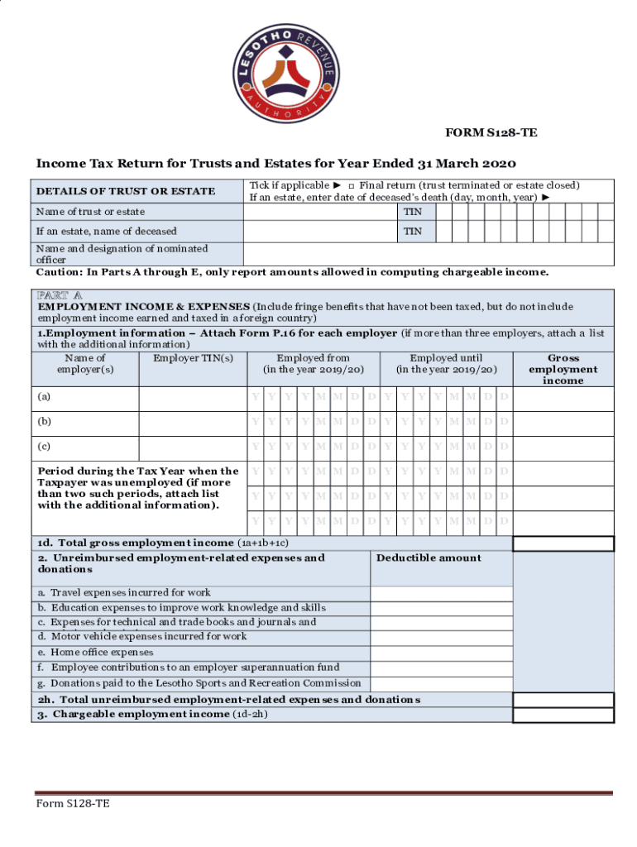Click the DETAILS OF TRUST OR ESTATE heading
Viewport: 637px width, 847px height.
click(126, 191)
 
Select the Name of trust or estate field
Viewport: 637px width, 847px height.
click(319, 212)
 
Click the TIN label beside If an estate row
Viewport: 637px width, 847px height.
click(412, 232)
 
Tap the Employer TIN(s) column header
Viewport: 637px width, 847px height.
click(193, 358)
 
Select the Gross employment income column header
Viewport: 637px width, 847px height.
click(563, 369)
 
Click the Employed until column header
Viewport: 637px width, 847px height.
click(446, 364)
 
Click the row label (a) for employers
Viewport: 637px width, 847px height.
click(45, 397)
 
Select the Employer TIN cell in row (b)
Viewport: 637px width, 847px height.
click(193, 423)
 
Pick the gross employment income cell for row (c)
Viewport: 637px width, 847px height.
click(563, 447)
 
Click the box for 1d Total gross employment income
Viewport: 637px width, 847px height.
click(563, 543)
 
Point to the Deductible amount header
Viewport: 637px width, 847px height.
click(429, 557)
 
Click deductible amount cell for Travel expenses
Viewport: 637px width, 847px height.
click(441, 593)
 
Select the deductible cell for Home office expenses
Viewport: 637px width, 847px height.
click(441, 653)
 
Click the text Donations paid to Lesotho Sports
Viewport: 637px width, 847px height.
click(199, 683)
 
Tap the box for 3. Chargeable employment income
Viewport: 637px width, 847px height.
click(563, 715)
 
